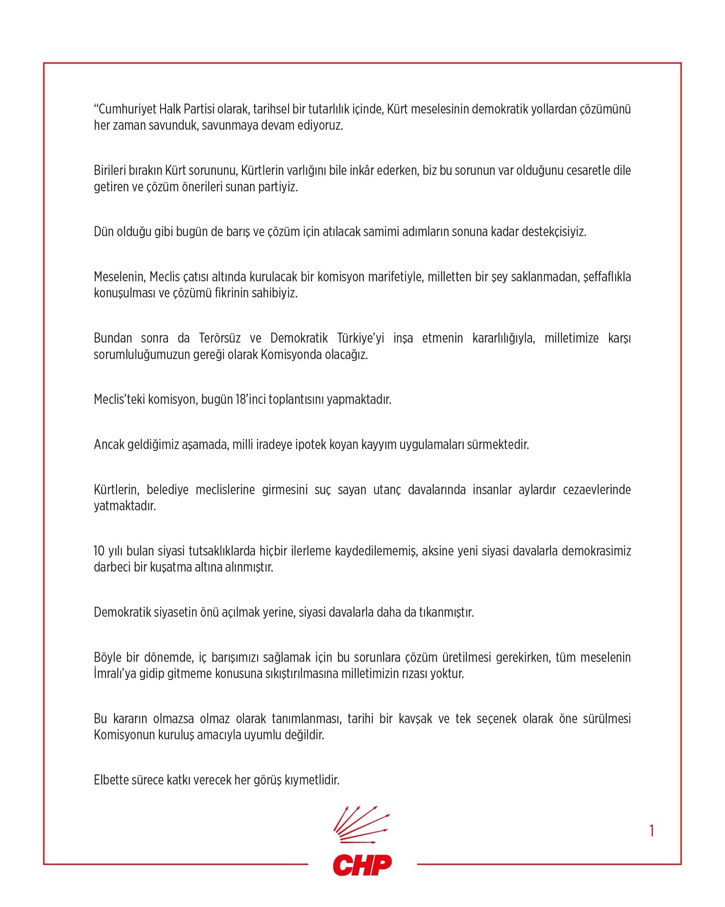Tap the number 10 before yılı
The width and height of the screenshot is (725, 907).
[99, 551]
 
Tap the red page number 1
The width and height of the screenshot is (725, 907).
[652, 831]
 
